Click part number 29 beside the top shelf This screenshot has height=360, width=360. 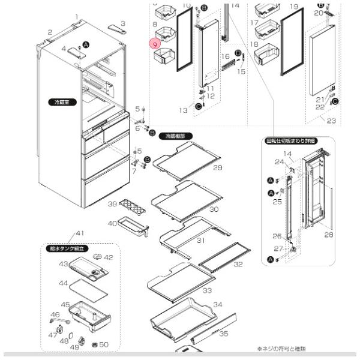(217, 167)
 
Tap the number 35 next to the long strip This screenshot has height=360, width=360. (223, 333)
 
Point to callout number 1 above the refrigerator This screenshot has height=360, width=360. (77, 17)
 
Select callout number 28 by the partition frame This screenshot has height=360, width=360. (328, 235)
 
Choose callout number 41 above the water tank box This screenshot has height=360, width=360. (80, 233)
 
